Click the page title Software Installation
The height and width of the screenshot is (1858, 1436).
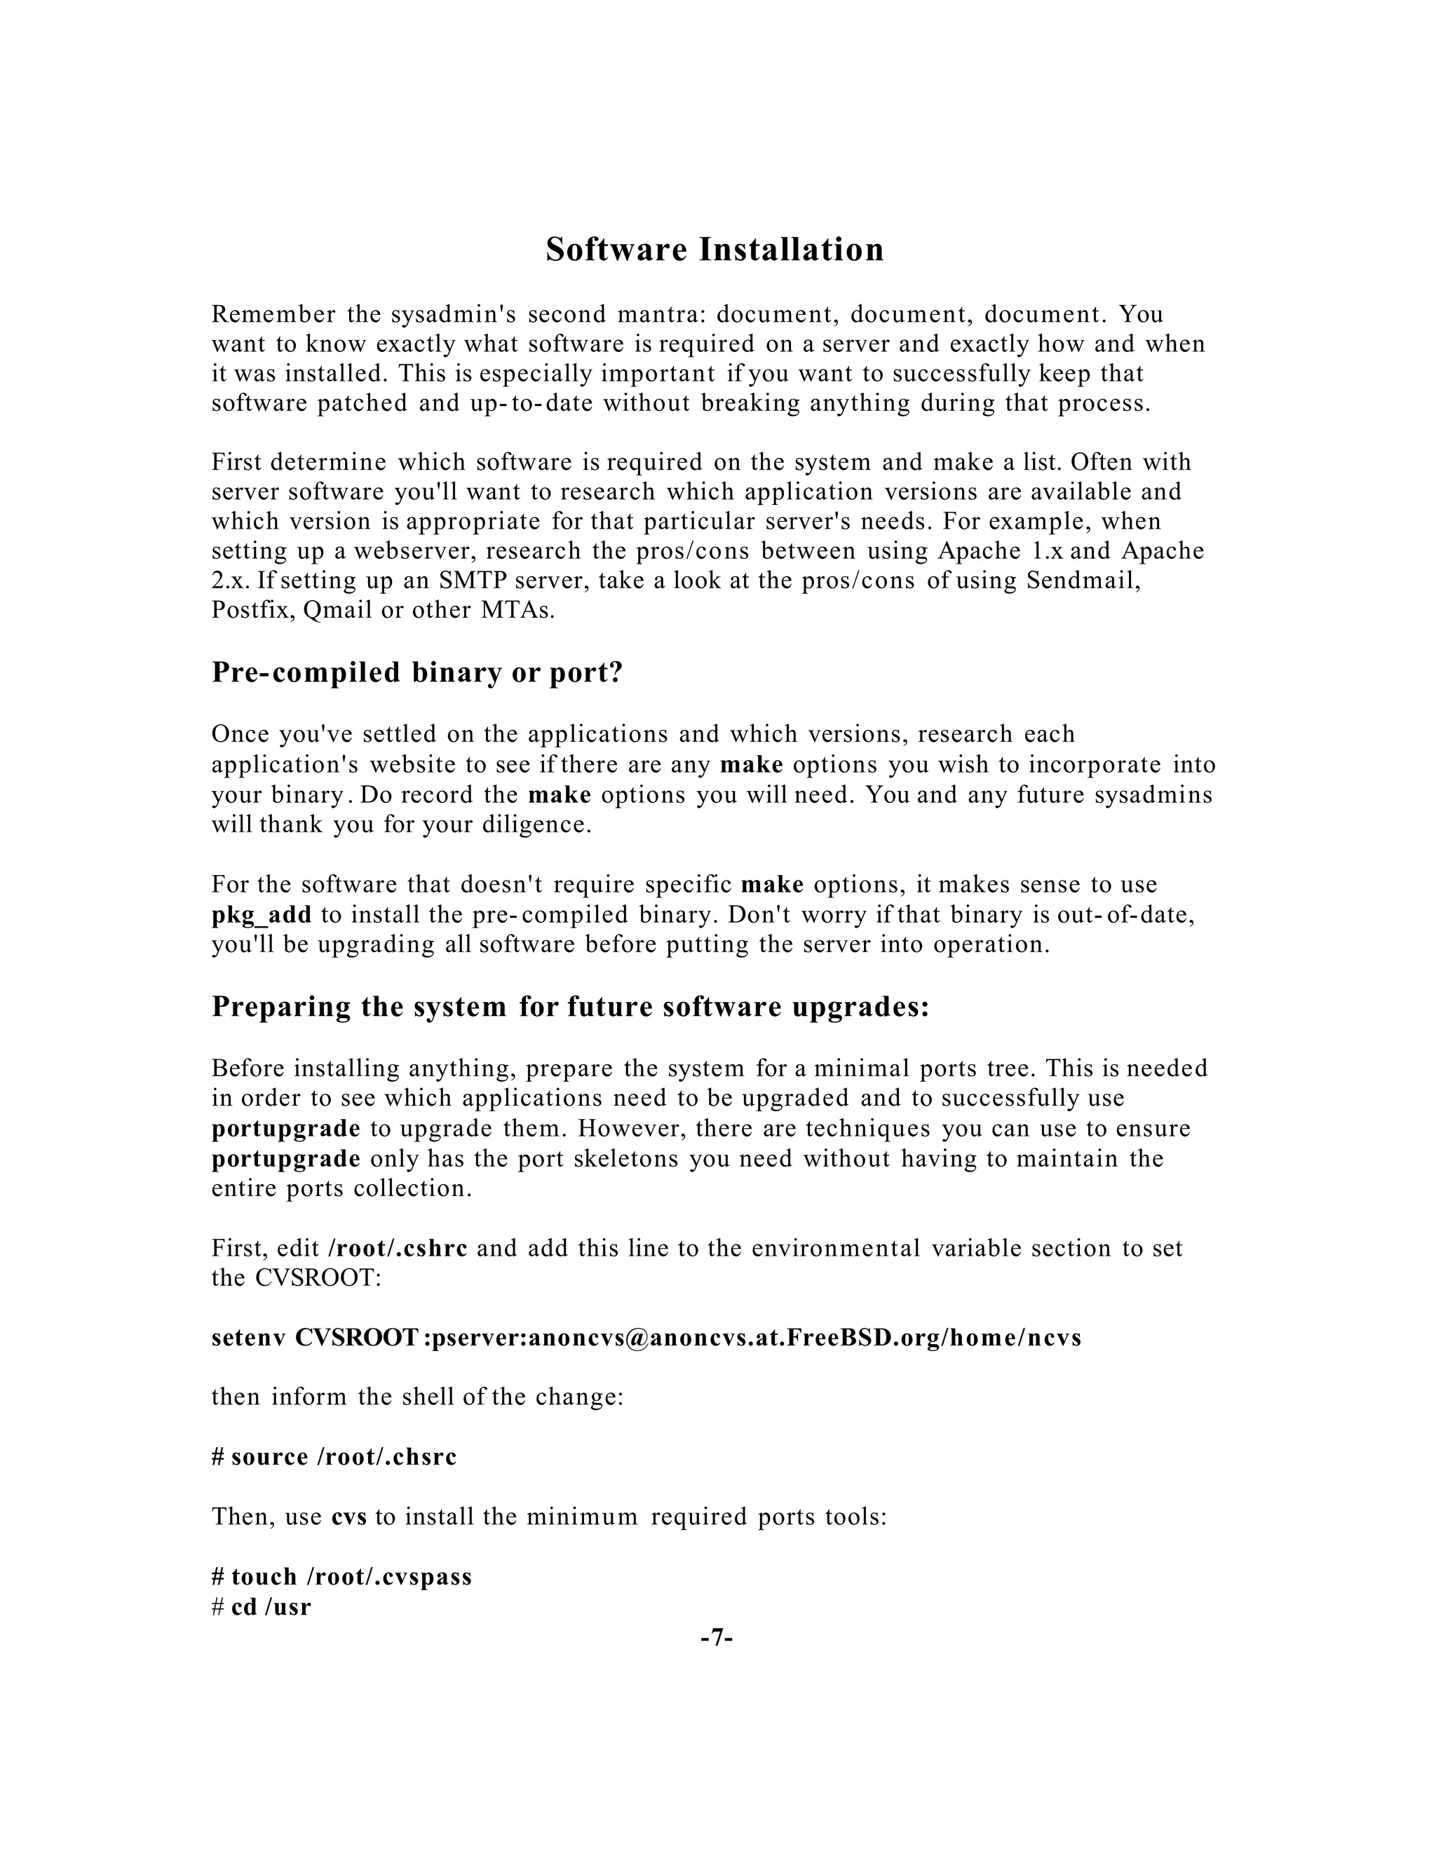[x=714, y=250]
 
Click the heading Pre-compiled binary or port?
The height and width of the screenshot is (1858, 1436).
[x=417, y=672]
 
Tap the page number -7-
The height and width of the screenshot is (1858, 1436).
[x=717, y=1637]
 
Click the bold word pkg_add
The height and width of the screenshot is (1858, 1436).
[x=261, y=916]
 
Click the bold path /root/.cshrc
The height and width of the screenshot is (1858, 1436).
[x=398, y=1248]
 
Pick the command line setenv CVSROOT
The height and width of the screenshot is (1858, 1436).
[x=646, y=1338]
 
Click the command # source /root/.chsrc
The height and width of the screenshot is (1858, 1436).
[x=334, y=1458]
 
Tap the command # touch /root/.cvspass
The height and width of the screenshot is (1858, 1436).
[x=342, y=1576]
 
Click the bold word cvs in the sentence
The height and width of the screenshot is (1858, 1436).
[x=348, y=1517]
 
